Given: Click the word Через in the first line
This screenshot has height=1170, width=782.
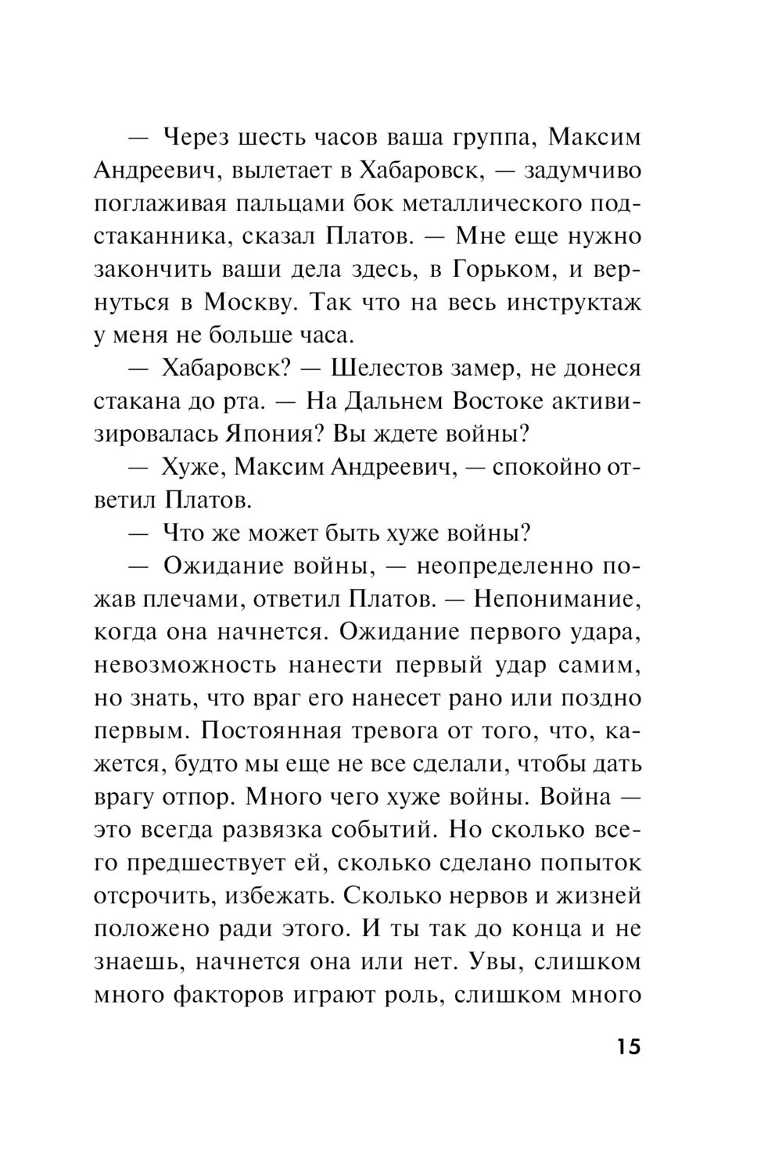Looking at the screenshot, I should click(199, 138).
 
